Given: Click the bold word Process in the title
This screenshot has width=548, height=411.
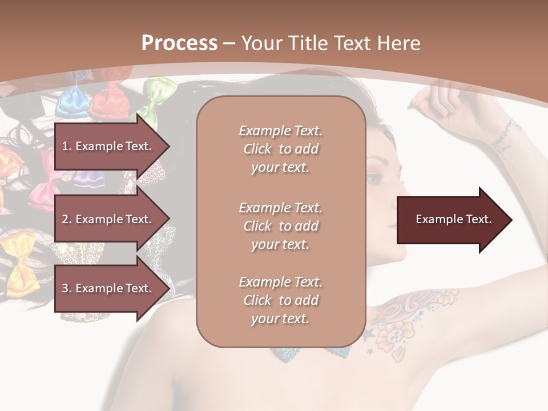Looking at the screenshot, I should point(179,43).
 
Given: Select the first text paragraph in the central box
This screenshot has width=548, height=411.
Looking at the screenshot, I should point(280,149).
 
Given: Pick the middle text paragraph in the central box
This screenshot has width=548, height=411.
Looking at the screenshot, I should point(280,226).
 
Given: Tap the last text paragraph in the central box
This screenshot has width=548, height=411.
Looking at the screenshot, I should point(280,300).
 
